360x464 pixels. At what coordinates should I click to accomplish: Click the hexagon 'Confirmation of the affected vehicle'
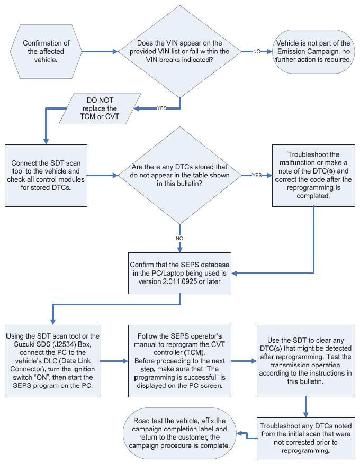click(x=46, y=51)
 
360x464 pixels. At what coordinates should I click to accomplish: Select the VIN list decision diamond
click(x=179, y=51)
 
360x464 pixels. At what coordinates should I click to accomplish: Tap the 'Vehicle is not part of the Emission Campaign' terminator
click(x=313, y=51)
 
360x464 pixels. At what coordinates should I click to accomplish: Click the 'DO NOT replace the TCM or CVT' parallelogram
click(x=100, y=108)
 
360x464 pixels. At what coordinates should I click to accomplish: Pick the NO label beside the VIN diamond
click(x=256, y=51)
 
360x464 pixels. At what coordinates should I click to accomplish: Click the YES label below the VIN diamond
click(x=161, y=108)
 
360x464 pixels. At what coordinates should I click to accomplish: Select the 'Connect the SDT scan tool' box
click(x=46, y=176)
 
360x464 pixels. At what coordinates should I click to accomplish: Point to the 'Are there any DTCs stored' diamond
click(x=179, y=176)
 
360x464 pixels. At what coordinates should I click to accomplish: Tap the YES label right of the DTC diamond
click(x=257, y=175)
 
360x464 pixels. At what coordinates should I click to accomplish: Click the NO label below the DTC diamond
click(x=179, y=238)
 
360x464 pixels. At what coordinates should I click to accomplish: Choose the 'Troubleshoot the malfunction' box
click(x=313, y=176)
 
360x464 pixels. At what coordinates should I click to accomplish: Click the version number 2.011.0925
click(x=179, y=281)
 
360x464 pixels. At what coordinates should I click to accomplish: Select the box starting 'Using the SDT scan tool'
click(x=53, y=361)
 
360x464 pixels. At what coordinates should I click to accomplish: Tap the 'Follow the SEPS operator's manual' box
click(x=179, y=361)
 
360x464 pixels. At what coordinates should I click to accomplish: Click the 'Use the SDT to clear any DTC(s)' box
click(x=306, y=361)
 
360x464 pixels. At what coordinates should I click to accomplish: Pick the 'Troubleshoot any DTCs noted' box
click(x=306, y=438)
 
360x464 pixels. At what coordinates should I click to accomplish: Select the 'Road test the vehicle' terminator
click(x=179, y=433)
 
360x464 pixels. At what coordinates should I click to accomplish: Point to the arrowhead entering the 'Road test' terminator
click(x=239, y=434)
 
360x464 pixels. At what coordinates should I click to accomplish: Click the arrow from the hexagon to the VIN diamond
click(x=100, y=51)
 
